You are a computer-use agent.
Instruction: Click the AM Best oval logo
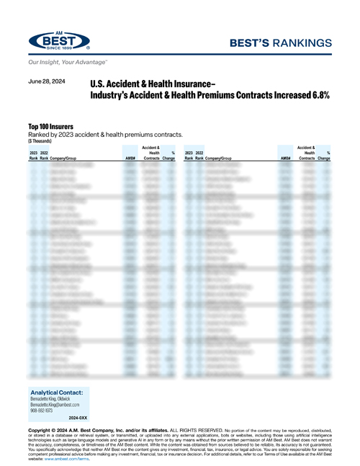tap(59, 42)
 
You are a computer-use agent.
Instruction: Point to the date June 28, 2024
tap(47, 82)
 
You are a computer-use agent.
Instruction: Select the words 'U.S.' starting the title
tap(96, 84)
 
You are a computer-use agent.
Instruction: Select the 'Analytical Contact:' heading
tap(57, 393)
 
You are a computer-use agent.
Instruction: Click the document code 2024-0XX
tap(80, 418)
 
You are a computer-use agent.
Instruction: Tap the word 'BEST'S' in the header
tap(256, 42)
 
